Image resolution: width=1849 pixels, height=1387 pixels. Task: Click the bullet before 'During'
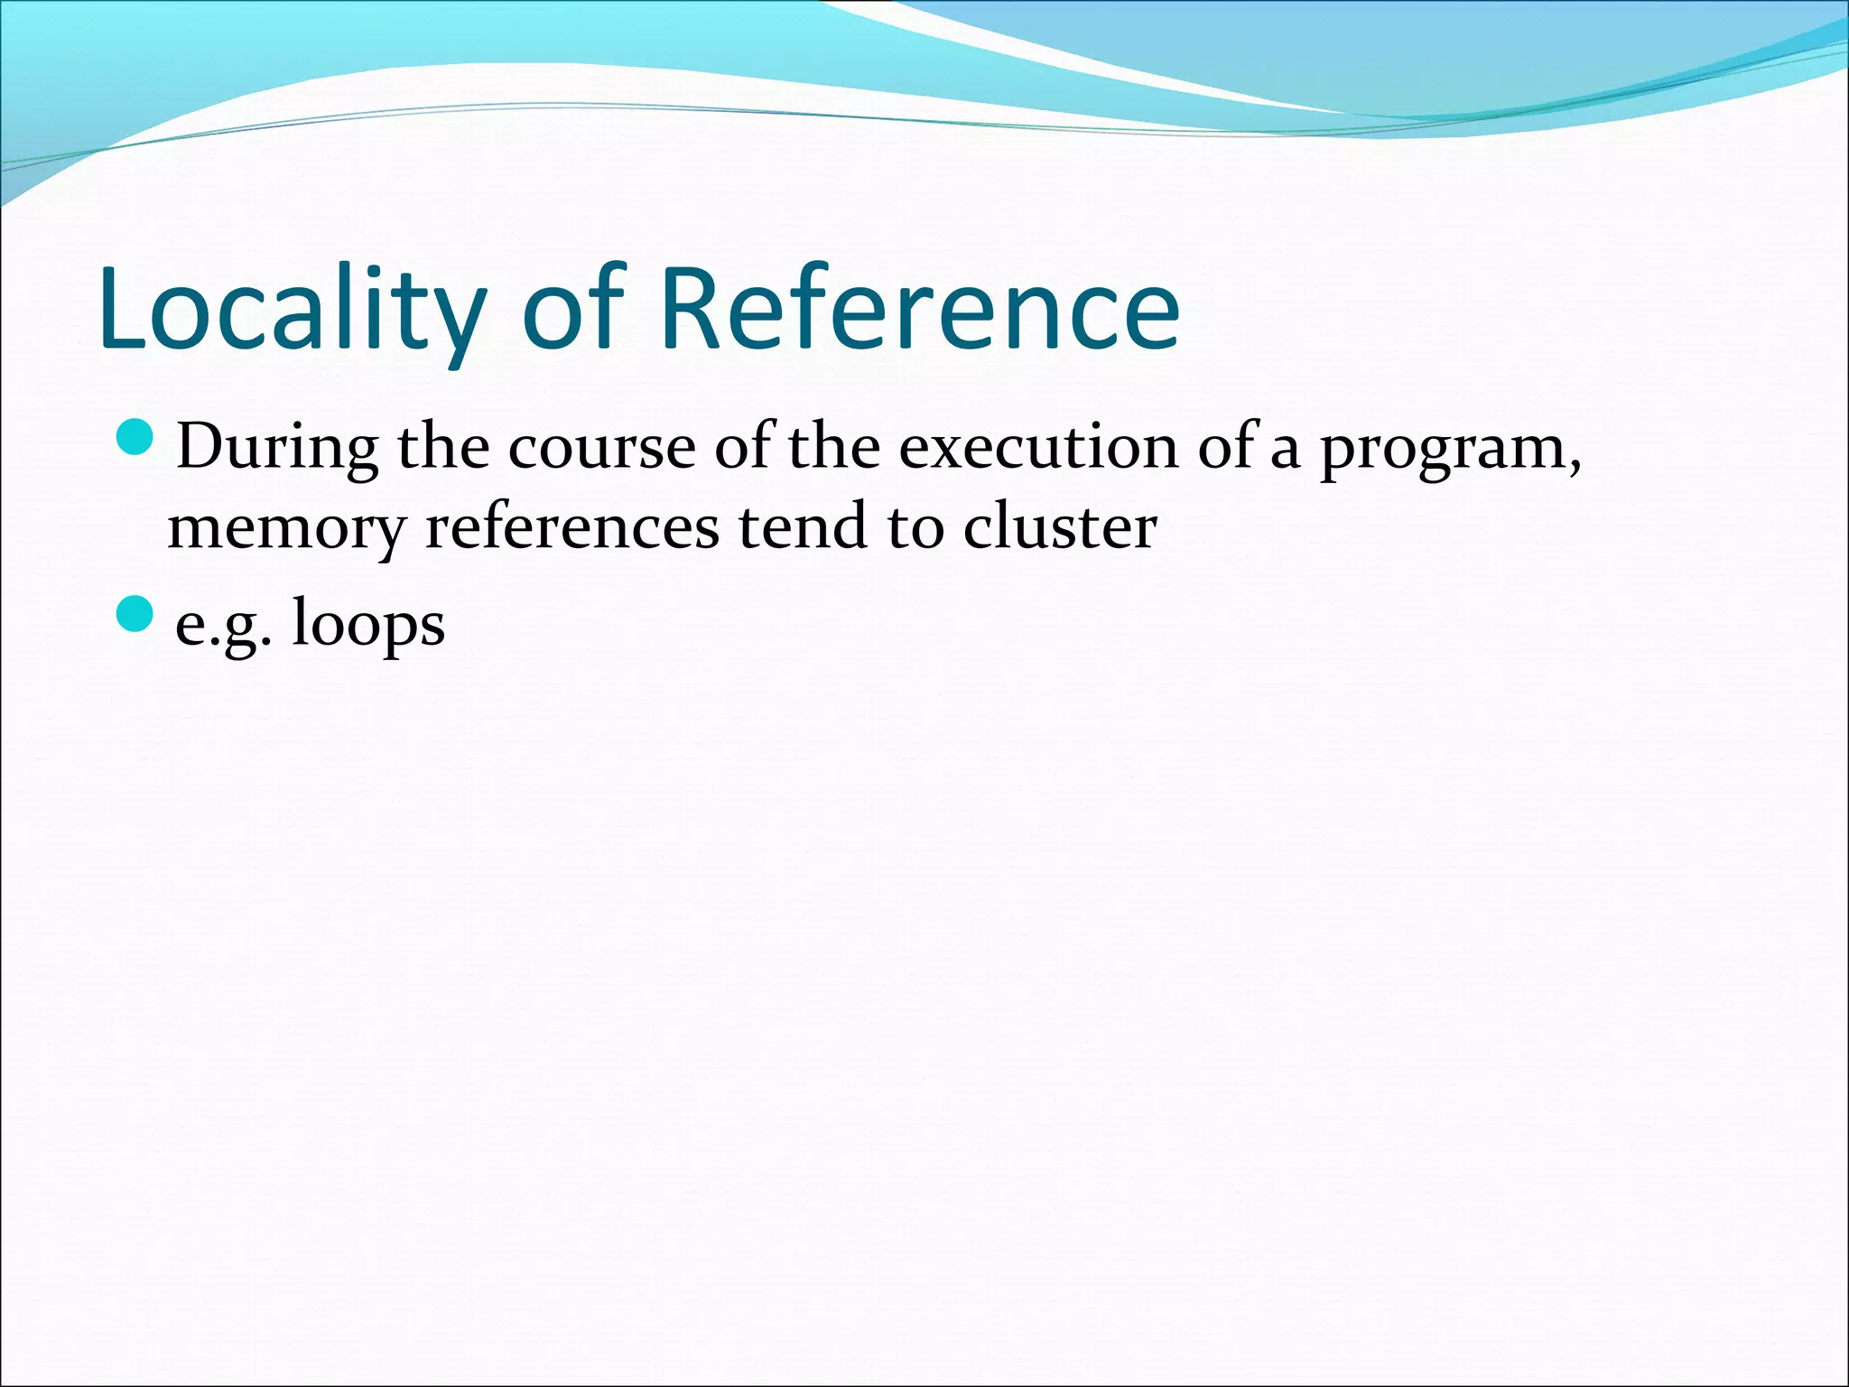pos(136,436)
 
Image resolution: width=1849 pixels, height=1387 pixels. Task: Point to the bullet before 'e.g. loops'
pos(136,614)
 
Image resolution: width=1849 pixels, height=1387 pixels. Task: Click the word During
pos(277,447)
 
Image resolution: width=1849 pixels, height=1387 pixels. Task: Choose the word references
pos(571,526)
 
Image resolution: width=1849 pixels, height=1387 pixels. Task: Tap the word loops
pos(368,625)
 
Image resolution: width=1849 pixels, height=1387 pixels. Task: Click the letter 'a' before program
pos(1285,451)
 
